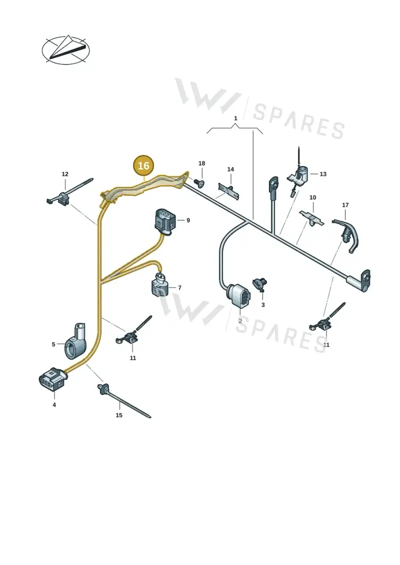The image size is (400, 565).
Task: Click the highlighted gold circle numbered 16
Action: tap(143, 165)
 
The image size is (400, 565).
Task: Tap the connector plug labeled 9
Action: tap(165, 220)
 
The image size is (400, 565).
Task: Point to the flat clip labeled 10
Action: tap(311, 218)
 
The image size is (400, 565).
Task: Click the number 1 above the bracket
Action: tap(235, 118)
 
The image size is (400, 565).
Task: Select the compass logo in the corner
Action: tap(65, 50)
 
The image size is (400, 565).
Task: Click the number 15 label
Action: tap(119, 415)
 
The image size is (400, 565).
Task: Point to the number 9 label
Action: tap(188, 220)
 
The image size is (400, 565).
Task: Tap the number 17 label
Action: tap(345, 205)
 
